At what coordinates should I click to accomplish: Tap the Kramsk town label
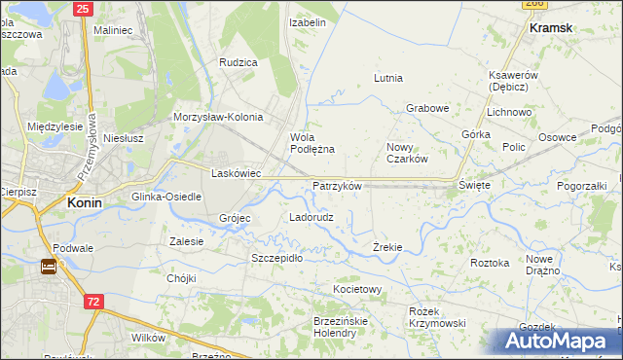550,28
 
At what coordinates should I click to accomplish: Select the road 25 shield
83,9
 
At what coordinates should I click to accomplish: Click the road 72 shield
92,303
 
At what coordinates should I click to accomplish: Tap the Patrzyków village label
337,186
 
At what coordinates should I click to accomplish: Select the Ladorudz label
311,217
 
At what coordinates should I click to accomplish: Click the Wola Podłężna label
312,143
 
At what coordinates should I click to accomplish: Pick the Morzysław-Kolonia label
218,117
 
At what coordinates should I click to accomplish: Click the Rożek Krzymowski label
436,316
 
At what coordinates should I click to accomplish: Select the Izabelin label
308,20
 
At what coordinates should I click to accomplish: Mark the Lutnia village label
388,78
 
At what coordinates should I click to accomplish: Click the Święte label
475,184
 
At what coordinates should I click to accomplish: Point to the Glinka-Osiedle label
166,197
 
